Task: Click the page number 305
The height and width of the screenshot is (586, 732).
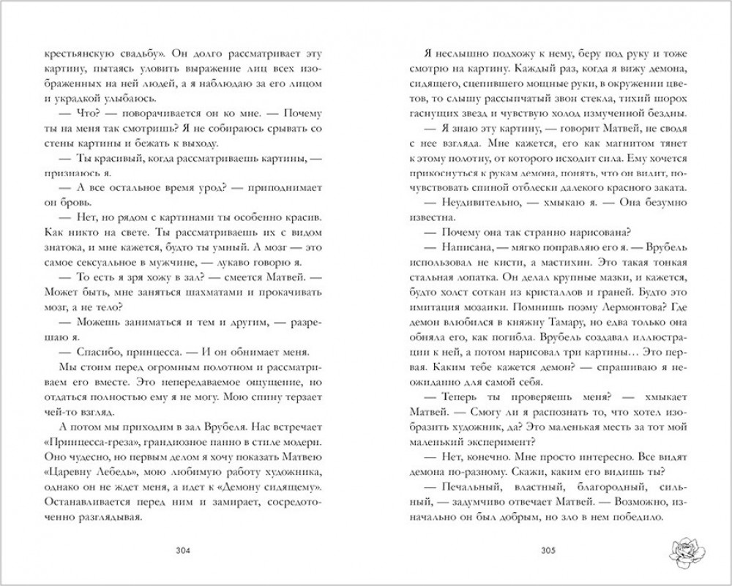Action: (545, 551)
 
